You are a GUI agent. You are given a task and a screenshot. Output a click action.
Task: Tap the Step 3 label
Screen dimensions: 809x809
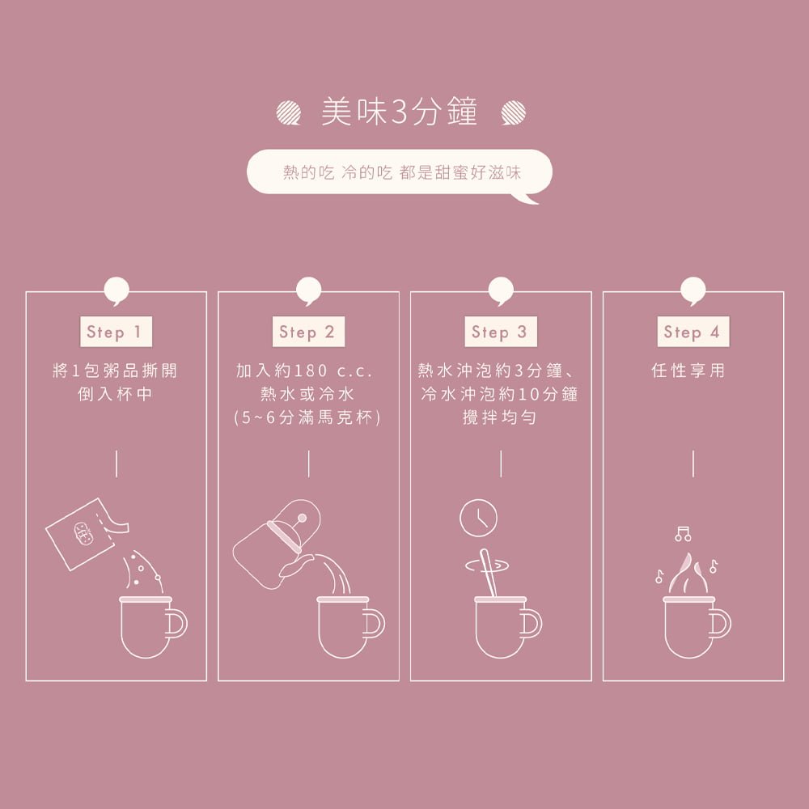499,332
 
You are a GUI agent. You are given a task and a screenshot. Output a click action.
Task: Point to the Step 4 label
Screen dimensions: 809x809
692,332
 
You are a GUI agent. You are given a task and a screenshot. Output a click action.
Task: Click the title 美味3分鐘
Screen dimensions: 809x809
400,113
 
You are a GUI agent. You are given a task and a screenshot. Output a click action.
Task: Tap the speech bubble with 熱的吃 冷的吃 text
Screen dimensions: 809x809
400,172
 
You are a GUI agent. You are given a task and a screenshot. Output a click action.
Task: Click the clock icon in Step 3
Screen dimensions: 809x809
478,518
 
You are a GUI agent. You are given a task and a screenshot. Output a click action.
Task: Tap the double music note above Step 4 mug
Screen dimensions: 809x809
684,533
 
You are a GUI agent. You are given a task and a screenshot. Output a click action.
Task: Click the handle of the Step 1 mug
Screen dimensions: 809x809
177,623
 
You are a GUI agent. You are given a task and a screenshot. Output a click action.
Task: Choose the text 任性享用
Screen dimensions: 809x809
688,371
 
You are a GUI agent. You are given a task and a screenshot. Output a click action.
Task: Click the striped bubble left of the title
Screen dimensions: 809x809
287,113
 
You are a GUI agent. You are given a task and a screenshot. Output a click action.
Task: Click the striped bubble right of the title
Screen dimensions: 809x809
513,113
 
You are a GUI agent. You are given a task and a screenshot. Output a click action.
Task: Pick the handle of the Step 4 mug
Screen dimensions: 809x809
721,623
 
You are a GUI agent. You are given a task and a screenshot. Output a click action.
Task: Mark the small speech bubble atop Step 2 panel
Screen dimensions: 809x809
308,290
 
